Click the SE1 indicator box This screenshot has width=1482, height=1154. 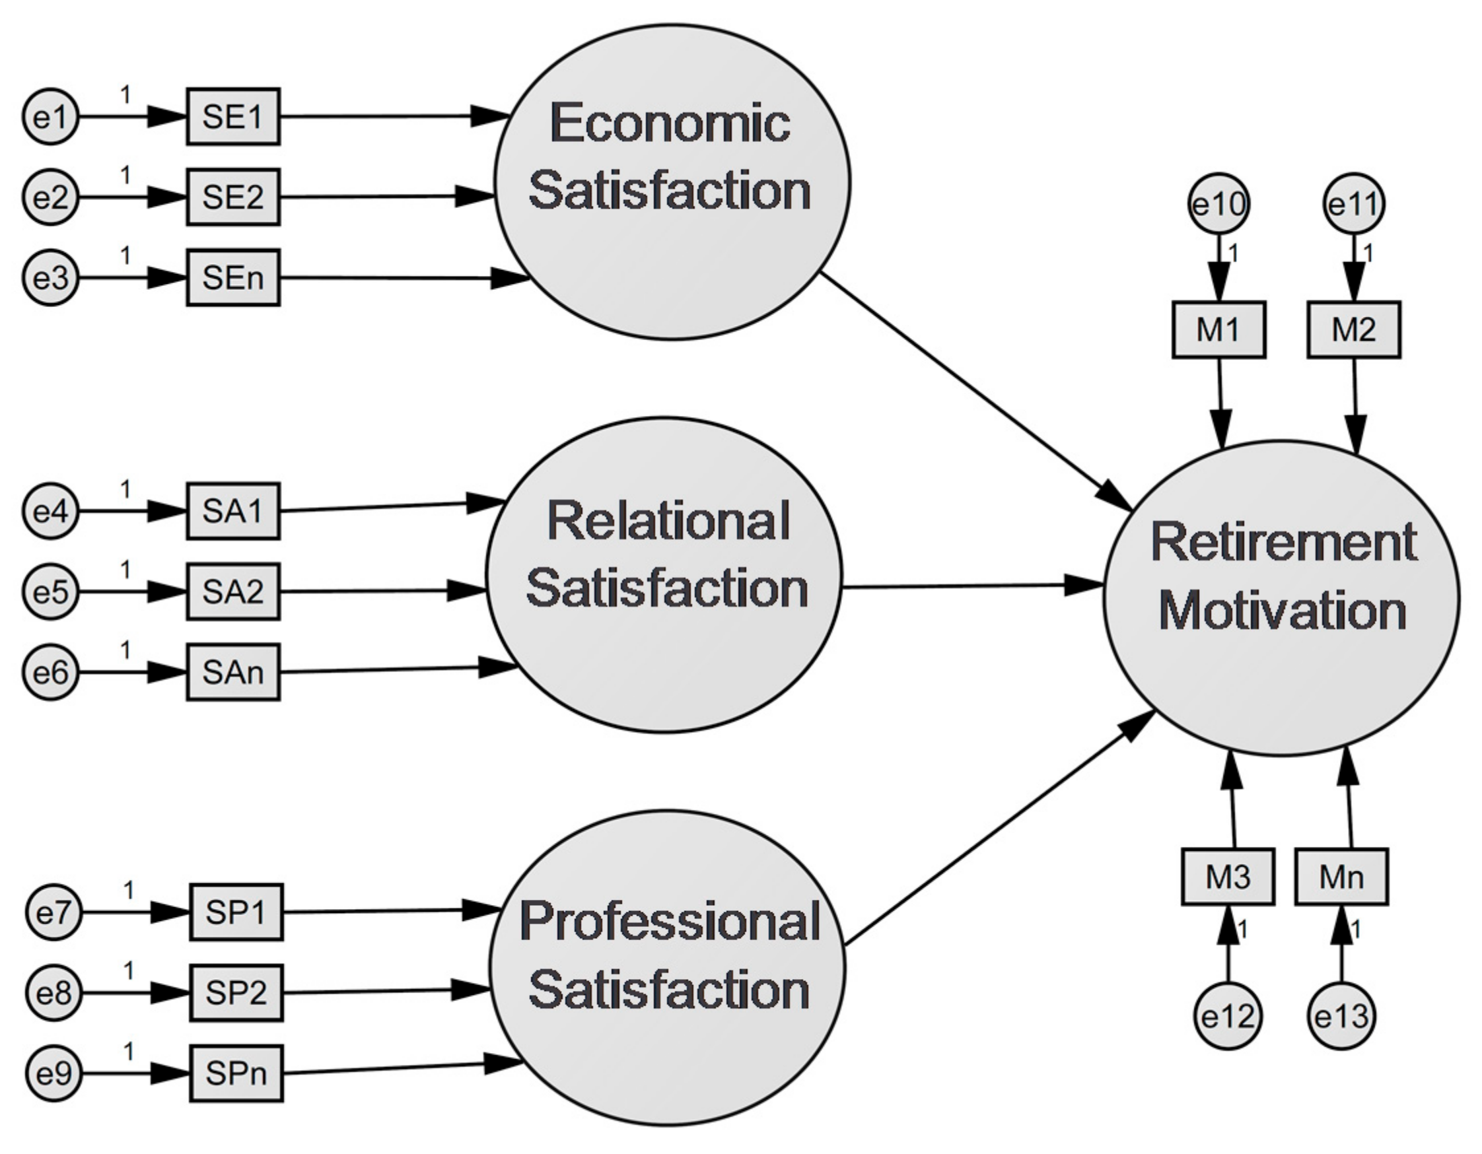pos(232,117)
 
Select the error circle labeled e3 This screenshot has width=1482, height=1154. pos(51,277)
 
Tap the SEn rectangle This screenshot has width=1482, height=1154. pos(232,277)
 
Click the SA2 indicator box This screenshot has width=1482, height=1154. pos(232,592)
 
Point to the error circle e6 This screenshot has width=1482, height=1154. pos(51,672)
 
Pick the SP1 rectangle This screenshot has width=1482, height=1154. pos(236,912)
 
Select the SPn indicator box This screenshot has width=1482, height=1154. pos(236,1073)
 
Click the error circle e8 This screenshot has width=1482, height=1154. pos(54,993)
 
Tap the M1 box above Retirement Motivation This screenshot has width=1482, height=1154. pos(1218,329)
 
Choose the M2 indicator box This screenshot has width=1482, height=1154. pos(1354,329)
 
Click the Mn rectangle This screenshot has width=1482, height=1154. pos(1341,877)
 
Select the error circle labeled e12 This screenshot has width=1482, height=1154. pos(1228,1016)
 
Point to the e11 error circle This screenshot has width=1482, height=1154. pos(1355,203)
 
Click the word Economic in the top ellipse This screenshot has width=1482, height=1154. pos(670,123)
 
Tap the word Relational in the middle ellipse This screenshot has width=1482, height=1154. pos(668,521)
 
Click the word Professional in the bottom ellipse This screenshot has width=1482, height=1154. pos(670,922)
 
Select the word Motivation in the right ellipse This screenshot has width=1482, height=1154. pos(1282,611)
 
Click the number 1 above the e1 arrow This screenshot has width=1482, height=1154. pos(125,95)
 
